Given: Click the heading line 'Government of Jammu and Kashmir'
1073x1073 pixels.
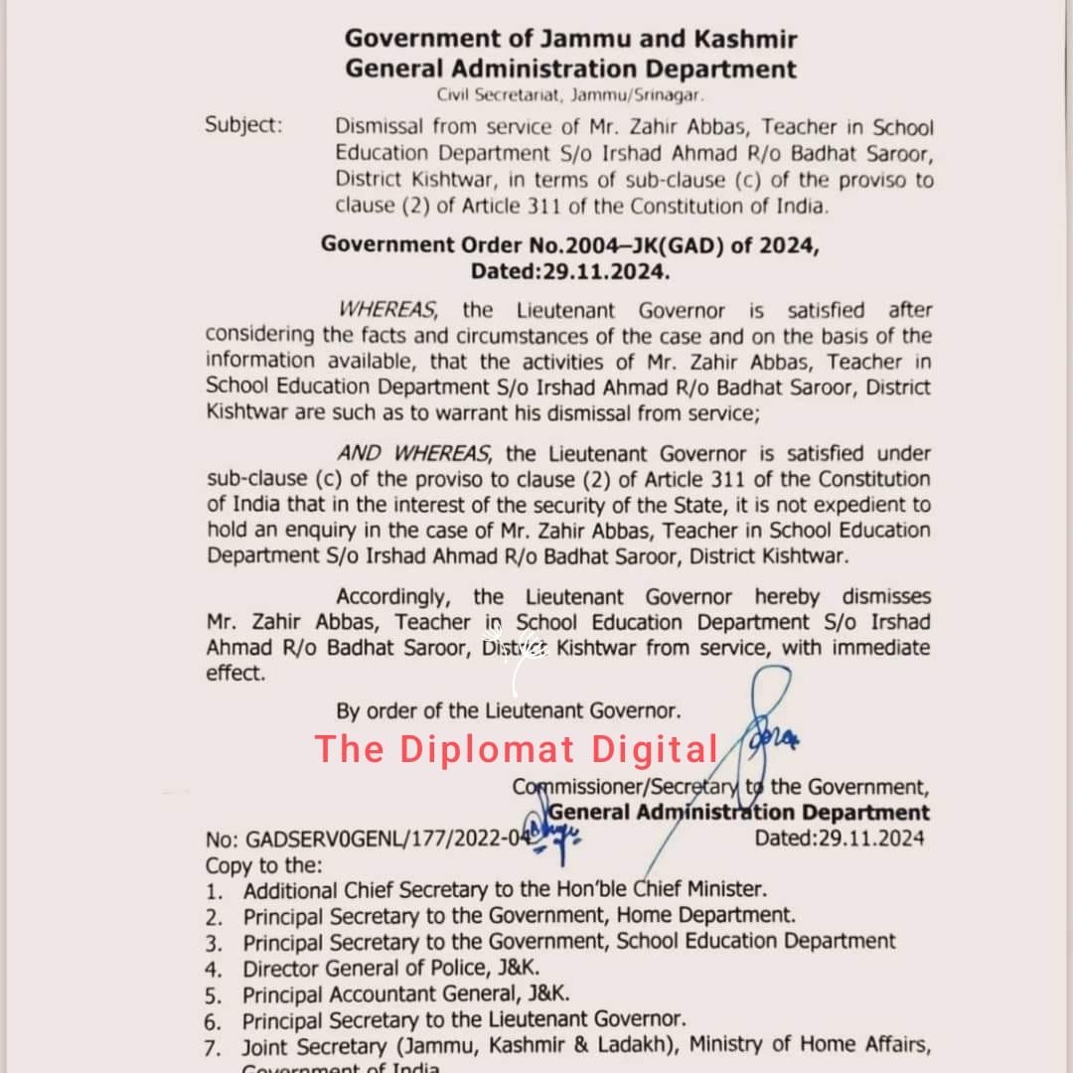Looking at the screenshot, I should (x=570, y=40).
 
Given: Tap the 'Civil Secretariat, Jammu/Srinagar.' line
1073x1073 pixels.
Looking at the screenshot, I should (x=570, y=95).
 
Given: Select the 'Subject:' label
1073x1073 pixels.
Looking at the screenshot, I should (x=243, y=126).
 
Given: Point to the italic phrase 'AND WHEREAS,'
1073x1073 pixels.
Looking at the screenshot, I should (x=413, y=454).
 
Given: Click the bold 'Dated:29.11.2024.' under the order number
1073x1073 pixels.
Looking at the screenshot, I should (x=570, y=270).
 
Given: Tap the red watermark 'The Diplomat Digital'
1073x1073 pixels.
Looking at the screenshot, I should (x=517, y=749).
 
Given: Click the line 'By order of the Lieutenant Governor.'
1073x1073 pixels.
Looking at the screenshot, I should (x=509, y=710).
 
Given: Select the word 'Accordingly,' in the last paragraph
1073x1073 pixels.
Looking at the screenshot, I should (x=394, y=597).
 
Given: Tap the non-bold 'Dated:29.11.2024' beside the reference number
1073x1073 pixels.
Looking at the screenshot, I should (x=839, y=838).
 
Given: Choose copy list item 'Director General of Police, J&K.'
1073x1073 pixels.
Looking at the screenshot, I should (x=391, y=967).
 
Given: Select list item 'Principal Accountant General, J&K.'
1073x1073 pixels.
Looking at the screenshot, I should (x=406, y=993).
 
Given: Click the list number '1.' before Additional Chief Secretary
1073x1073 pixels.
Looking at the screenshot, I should (x=214, y=890).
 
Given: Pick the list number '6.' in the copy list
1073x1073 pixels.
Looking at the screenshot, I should (x=214, y=1019).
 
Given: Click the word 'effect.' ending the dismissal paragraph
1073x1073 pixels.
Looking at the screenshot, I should (x=235, y=674).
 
